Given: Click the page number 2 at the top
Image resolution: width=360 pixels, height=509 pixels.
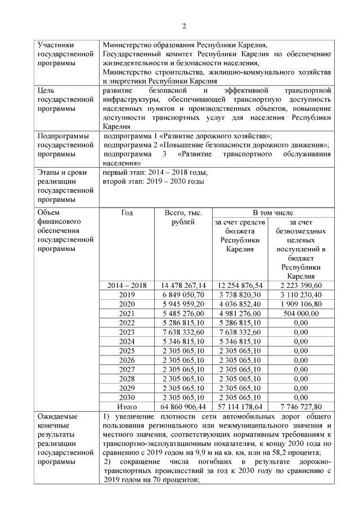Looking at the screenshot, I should [x=184, y=25].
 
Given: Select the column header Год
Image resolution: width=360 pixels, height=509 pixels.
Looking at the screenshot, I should [x=127, y=213].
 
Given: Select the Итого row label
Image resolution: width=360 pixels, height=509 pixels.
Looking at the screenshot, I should [x=127, y=406].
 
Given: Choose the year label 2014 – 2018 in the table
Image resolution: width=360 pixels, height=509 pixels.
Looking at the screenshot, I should [x=127, y=285].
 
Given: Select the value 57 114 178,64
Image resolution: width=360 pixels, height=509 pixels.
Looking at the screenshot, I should [x=239, y=406].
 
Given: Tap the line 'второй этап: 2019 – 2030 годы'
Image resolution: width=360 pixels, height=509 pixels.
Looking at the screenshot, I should [x=154, y=181].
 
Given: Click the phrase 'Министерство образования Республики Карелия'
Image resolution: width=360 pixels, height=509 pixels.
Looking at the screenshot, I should [x=184, y=44].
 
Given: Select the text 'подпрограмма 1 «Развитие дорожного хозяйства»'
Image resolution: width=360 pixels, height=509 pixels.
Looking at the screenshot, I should [x=188, y=136].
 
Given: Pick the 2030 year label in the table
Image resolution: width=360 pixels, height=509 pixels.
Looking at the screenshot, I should [x=127, y=397].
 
